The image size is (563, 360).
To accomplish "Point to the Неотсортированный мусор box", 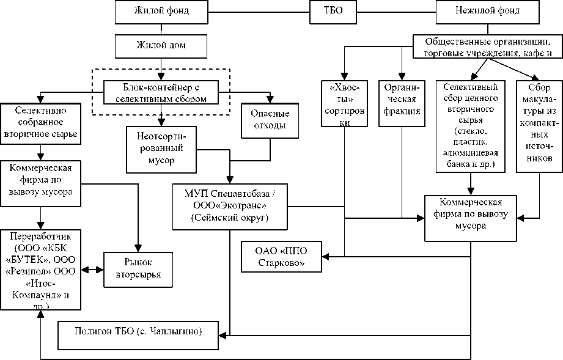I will click(161, 149).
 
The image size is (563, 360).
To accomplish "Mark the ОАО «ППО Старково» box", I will click(281, 257).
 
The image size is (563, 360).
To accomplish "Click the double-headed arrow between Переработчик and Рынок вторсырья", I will click(94, 269).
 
